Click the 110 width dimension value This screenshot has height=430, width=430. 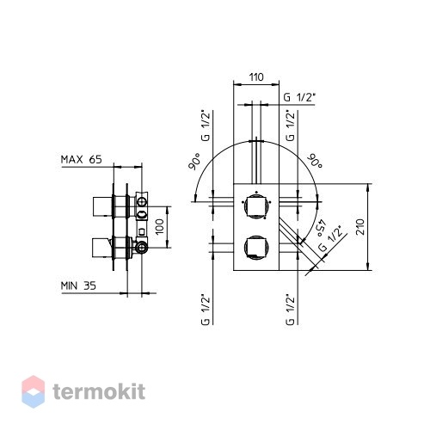(256, 77)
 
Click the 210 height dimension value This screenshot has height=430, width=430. (360, 227)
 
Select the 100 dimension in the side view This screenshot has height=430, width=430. (160, 226)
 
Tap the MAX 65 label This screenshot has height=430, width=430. (82, 160)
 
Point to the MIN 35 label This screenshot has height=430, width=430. (78, 286)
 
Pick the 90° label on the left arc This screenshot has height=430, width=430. (194, 162)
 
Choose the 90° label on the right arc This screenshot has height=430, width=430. (315, 162)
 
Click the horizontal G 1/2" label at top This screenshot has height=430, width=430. (299, 97)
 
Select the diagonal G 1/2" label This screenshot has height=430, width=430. (332, 238)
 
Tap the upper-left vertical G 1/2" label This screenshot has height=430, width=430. (206, 126)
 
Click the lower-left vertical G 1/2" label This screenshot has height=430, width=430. (206, 310)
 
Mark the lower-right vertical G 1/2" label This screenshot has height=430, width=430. (291, 310)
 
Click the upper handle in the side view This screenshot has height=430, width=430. (102, 206)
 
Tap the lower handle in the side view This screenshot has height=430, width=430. (102, 247)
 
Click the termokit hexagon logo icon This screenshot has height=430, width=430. (34, 391)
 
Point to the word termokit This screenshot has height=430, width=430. (99, 391)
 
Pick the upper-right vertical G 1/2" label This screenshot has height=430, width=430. (291, 126)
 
